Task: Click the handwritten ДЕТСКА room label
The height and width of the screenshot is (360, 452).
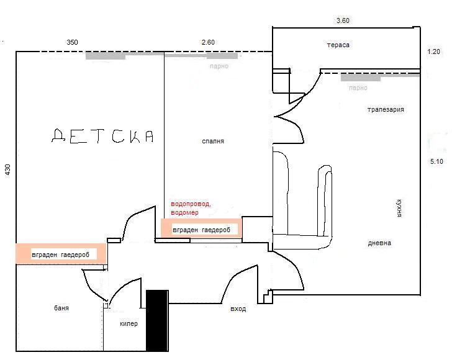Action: (x=102, y=136)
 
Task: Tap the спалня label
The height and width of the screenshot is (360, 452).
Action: (x=213, y=142)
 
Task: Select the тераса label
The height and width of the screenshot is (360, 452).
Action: (x=338, y=45)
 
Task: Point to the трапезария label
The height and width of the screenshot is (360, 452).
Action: (x=386, y=109)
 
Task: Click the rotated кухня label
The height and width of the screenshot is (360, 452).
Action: (x=399, y=208)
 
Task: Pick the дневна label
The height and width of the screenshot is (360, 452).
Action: (x=379, y=243)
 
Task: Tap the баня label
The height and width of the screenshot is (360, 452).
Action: (x=61, y=308)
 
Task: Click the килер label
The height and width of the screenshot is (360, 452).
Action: (x=129, y=323)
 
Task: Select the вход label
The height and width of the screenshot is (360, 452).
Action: (x=238, y=309)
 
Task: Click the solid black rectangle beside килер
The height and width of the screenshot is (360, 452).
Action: (x=157, y=320)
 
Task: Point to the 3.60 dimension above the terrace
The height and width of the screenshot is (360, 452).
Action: (x=343, y=20)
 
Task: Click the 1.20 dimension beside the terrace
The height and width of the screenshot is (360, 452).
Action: (x=433, y=52)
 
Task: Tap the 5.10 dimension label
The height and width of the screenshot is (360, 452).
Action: (x=436, y=161)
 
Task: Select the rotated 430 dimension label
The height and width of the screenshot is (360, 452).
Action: (x=8, y=169)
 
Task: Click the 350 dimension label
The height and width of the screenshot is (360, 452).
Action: (x=72, y=42)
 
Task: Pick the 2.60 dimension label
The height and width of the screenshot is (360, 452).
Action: (x=208, y=42)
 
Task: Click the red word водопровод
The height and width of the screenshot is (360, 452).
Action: (x=191, y=204)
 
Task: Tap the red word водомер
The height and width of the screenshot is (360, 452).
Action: (x=184, y=213)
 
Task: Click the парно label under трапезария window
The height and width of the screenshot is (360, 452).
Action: (x=358, y=88)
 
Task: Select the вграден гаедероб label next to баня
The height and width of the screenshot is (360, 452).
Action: (x=61, y=255)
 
